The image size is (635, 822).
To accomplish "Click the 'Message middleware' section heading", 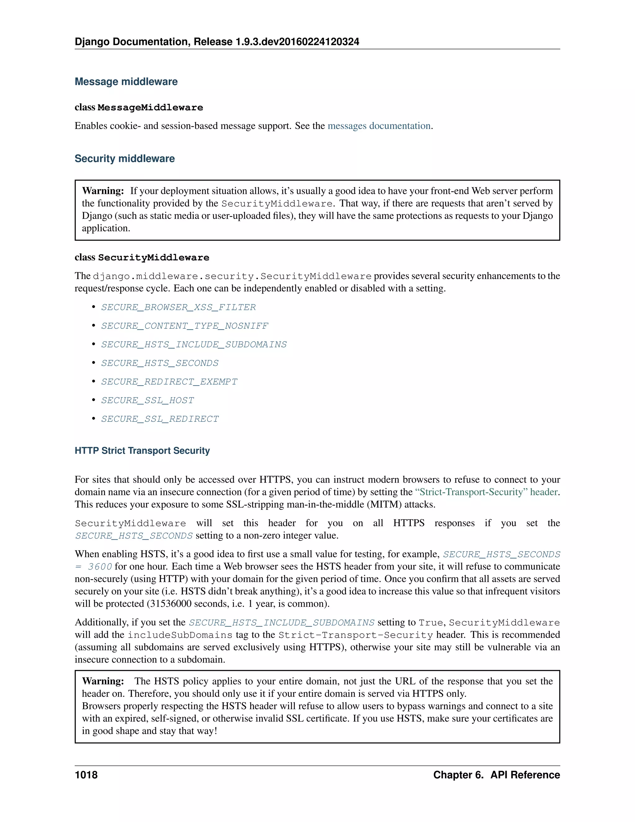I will coord(126,82).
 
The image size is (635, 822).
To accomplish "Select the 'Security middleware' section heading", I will coord(125,159).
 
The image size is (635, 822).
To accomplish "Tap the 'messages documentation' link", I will coord(379,126).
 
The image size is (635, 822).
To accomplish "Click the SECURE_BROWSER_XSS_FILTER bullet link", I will coord(178,307).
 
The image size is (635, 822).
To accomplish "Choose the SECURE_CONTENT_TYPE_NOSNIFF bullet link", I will coord(184,326).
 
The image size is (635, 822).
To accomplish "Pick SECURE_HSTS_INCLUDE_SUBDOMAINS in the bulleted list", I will coord(194,344).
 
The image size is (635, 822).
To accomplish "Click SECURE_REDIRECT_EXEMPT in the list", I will coord(169,382).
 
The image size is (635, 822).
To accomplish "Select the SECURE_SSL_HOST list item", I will coord(148,400).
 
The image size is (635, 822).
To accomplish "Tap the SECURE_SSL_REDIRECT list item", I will coord(160,419).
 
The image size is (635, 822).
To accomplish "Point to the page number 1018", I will coord(86,775).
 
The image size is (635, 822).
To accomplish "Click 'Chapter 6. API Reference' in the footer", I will coord(496,775).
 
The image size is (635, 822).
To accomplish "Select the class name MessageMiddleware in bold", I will coord(150,108).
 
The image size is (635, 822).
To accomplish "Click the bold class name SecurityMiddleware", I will coord(153,257).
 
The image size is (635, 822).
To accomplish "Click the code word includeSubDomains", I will coord(180,635).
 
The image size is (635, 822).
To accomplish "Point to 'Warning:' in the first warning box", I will coord(103,191).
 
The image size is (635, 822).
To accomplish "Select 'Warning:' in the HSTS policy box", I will coord(103,681).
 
